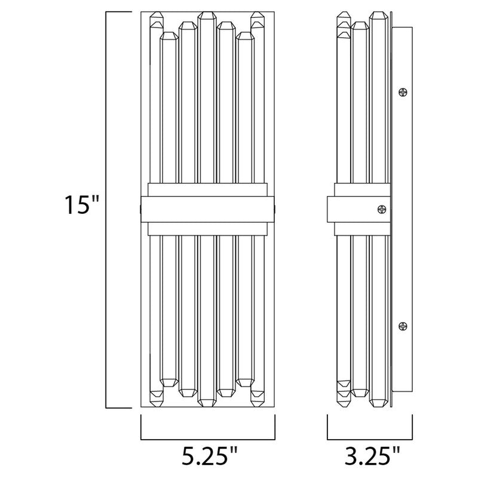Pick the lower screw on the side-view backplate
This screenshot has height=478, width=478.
click(x=403, y=326)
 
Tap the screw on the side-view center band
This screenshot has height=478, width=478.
click(x=380, y=209)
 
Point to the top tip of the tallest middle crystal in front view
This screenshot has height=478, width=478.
click(x=207, y=13)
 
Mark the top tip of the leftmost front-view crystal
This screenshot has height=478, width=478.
click(x=157, y=14)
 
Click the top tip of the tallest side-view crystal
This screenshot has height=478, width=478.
click(x=376, y=13)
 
